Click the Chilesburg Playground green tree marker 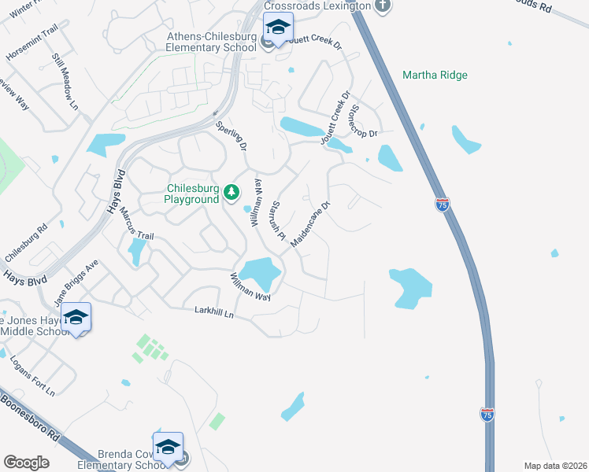tap(232, 191)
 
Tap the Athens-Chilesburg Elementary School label tap(212, 42)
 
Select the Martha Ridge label tap(435, 76)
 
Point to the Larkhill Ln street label tap(215, 312)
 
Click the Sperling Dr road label tap(232, 135)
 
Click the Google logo tap(26, 463)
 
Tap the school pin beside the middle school tap(76, 317)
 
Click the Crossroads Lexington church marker tap(383, 6)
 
